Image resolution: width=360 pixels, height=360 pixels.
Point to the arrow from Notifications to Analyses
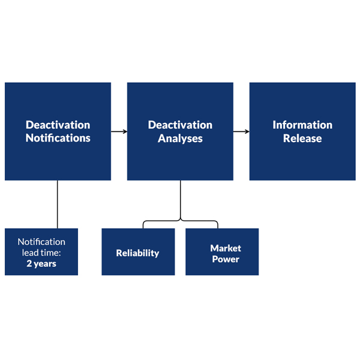[x=119, y=131]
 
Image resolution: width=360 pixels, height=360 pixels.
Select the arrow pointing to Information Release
[x=241, y=131]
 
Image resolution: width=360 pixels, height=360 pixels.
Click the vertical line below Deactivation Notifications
[x=58, y=204]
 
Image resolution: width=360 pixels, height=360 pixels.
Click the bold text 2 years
[x=41, y=263]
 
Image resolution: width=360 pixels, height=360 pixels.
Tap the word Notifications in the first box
[x=58, y=139]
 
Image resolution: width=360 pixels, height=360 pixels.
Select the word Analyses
[x=180, y=139]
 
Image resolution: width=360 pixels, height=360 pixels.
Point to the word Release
[x=302, y=139]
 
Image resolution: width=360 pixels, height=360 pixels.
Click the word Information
[x=302, y=125]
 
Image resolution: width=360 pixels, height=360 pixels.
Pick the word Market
[x=226, y=248]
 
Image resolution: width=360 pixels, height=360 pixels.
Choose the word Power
[x=226, y=259]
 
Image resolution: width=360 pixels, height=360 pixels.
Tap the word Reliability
[x=137, y=253]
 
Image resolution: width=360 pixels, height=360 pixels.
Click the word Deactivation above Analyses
[x=180, y=125]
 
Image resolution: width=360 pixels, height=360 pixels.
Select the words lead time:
[x=41, y=253]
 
